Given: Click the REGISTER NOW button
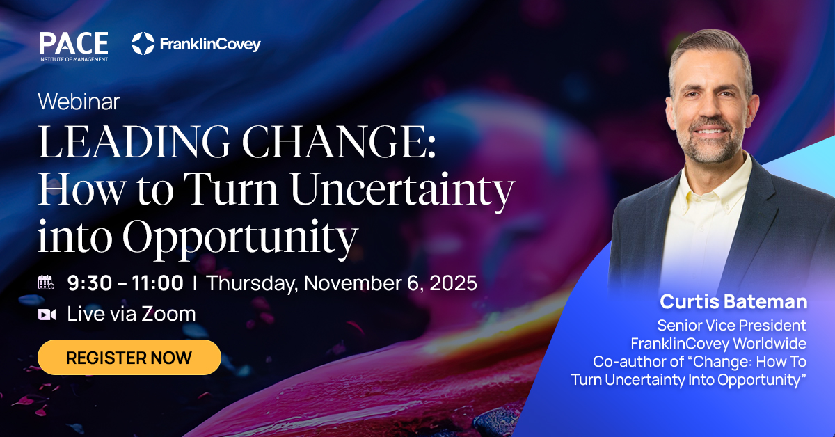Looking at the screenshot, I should coord(129,358).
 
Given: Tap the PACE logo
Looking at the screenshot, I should coord(73,43).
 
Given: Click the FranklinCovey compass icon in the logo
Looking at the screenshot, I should coord(143,44).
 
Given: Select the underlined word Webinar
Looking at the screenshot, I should coord(79,102).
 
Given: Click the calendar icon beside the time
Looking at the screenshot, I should coord(47,283).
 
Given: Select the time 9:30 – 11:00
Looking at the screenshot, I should coord(125,283).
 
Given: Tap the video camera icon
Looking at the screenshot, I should coord(47,315).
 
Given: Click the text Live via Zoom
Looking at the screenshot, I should coord(132,314).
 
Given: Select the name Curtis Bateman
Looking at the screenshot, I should coord(733,301).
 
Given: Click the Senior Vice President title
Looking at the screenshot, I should coord(731,325).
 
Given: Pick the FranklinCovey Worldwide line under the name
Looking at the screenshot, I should coord(718,343).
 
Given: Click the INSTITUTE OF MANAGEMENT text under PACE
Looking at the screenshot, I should coord(73,58).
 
